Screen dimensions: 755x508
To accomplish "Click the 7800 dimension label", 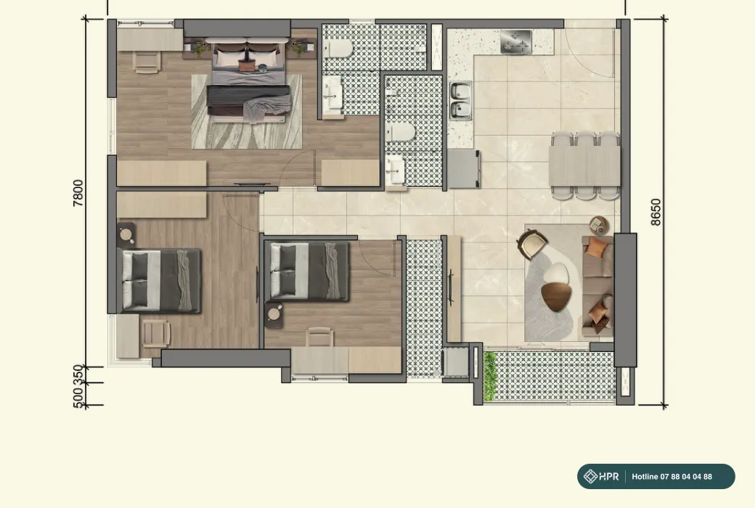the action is [78, 193].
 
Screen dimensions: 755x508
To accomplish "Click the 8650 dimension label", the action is [656, 212].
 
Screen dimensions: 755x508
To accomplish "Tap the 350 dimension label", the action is [78, 374].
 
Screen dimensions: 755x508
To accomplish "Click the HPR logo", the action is [601, 477].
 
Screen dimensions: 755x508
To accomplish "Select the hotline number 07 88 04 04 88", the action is [686, 477].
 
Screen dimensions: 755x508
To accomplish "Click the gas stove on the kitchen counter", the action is [515, 41].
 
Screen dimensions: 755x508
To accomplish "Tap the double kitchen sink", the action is [461, 100].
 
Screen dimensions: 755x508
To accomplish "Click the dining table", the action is [584, 165].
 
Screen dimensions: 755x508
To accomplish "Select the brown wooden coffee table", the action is [556, 296].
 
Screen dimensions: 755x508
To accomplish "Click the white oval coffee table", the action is [556, 273].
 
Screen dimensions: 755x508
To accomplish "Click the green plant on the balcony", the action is [490, 376].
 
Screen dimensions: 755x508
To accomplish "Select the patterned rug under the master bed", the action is [247, 112].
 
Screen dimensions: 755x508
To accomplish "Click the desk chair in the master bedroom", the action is [147, 62].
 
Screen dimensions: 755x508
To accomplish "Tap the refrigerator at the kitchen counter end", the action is [463, 169].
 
